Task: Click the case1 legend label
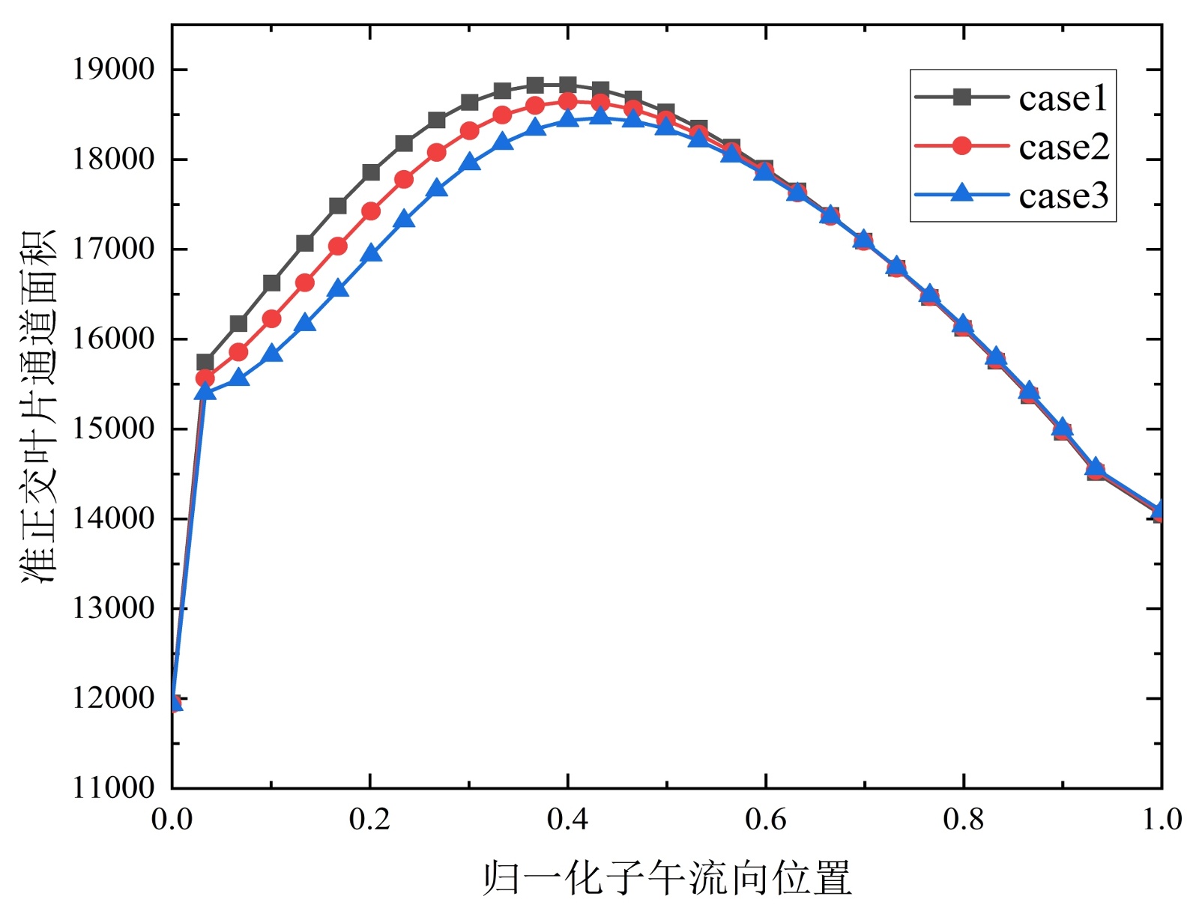(1063, 99)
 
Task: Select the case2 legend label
(1063, 148)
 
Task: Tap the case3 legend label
(1063, 196)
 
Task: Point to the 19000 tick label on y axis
(113, 70)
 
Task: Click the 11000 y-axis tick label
(113, 788)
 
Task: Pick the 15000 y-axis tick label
(113, 429)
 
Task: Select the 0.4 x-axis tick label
(567, 820)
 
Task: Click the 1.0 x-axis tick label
(1161, 820)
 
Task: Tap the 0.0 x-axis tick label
(172, 820)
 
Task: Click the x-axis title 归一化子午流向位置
(667, 878)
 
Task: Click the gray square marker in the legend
(961, 97)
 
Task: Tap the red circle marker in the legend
(961, 146)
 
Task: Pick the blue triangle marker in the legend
(961, 193)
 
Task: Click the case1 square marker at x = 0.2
(371, 172)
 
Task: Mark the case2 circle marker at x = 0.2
(371, 211)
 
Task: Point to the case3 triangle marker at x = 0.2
(371, 254)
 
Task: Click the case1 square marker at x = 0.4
(568, 85)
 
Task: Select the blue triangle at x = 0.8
(964, 324)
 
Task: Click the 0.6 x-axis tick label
(765, 820)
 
